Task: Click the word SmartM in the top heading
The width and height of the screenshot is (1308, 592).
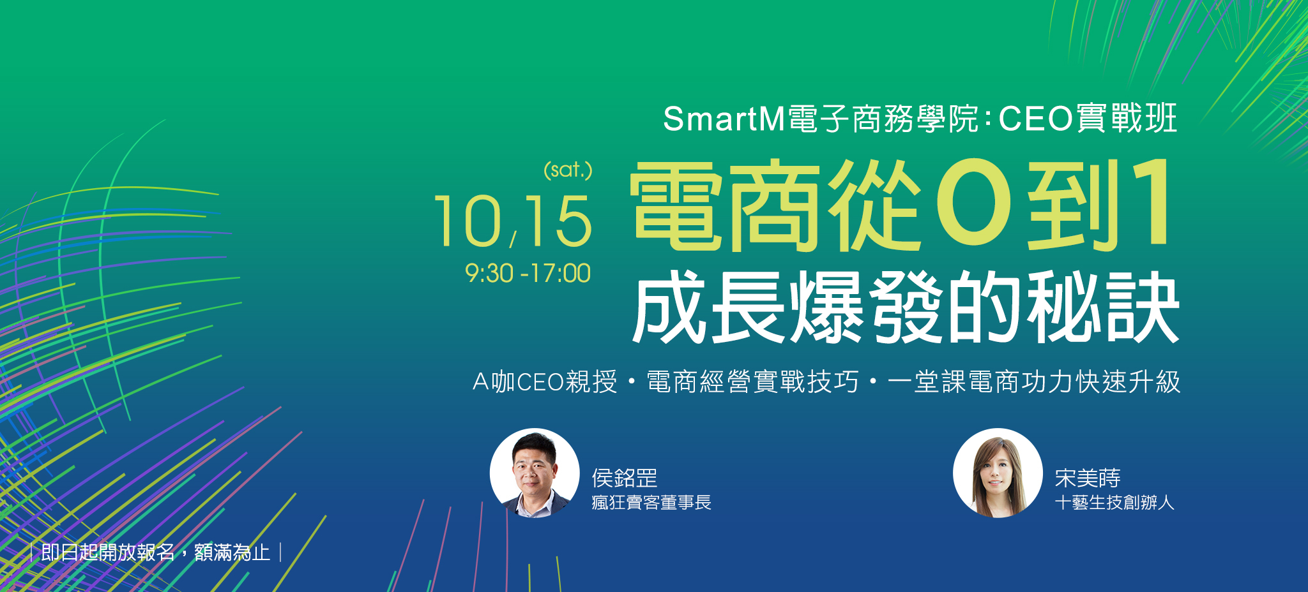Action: pos(724,119)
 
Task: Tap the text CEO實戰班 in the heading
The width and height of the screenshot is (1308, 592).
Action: pos(1088,119)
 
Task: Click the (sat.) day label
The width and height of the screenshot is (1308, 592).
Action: pos(568,170)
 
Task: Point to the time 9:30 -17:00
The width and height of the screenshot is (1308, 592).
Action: pos(528,273)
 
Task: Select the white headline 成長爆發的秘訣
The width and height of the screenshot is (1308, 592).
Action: pos(906,307)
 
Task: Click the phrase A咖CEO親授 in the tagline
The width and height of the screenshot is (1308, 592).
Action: pos(545,381)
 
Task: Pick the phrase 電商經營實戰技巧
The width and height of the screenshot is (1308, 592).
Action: pos(752,381)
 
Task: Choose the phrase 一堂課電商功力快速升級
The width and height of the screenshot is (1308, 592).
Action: pos(1034,381)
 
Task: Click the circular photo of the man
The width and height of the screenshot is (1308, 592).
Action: pos(535,473)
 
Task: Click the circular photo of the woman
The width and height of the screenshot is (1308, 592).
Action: pos(998,473)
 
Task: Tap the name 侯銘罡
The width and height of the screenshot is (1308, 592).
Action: pos(625,478)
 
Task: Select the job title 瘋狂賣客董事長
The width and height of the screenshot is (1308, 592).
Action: pos(651,503)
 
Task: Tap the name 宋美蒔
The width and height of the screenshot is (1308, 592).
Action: pos(1088,478)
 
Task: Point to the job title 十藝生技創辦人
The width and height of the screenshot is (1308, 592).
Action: pos(1114,503)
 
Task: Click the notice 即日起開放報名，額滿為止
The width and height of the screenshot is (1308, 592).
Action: pos(156,552)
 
